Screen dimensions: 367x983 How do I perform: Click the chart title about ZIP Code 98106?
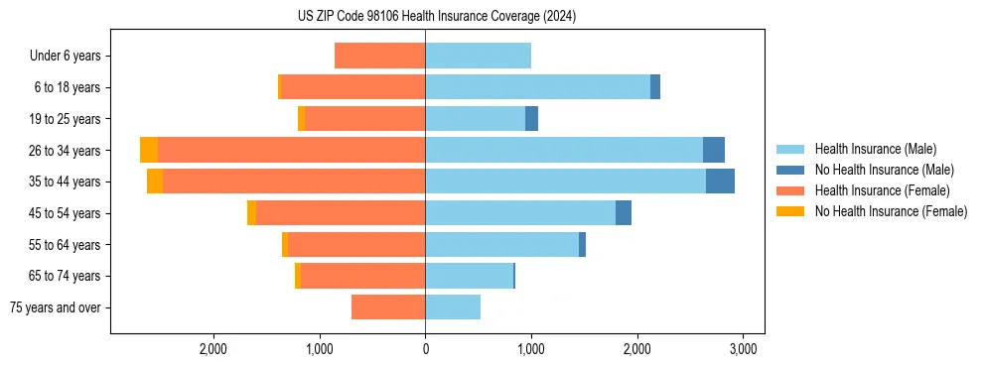[x=437, y=17]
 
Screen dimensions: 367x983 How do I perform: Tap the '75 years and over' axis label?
[x=56, y=307]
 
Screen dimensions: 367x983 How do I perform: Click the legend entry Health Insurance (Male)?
[x=875, y=149]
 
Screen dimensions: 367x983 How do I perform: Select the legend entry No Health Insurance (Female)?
[x=891, y=211]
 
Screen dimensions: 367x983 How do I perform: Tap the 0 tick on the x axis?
[x=425, y=349]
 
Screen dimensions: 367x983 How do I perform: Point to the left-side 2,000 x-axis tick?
[x=213, y=349]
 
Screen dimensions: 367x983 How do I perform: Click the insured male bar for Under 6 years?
[x=478, y=56]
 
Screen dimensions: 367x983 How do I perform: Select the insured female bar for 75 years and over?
[x=388, y=307]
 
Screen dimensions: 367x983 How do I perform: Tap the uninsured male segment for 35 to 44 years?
[x=720, y=182]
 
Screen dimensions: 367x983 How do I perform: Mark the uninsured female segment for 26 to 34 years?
[x=149, y=150]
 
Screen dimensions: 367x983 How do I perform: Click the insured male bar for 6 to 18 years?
[x=537, y=87]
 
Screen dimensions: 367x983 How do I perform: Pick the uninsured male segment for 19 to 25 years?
[x=531, y=119]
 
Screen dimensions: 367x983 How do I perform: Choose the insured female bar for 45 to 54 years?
[x=341, y=213]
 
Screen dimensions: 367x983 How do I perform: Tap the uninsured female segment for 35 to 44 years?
[x=155, y=182]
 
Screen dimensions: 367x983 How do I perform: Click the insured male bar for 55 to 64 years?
[x=501, y=245]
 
